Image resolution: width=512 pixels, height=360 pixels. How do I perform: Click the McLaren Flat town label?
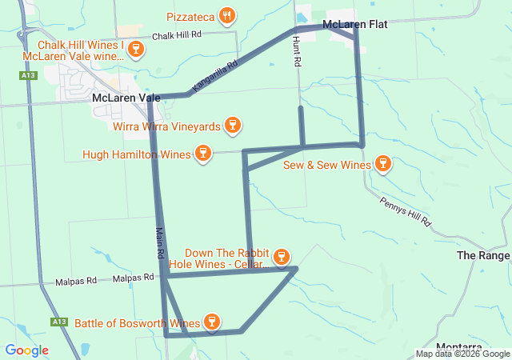pos(354,25)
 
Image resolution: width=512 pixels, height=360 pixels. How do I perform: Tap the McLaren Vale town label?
pos(126,98)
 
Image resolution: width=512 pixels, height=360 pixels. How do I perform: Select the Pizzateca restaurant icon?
pos(228,15)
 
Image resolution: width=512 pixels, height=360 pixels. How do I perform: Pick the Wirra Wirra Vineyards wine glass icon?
pos(233,125)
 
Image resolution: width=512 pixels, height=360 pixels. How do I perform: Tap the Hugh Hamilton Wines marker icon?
pos(202,154)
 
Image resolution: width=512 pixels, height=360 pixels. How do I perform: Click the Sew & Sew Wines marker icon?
pos(383,165)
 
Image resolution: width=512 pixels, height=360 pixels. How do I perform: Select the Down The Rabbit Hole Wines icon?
pos(281,257)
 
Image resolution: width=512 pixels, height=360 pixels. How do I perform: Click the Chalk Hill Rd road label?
pos(176,35)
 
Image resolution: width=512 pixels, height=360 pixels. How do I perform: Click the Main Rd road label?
pos(160,241)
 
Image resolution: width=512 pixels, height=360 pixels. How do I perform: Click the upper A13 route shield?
pos(29,75)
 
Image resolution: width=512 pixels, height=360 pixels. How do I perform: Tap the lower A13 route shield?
pos(58,322)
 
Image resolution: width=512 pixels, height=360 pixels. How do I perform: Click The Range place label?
pos(483,255)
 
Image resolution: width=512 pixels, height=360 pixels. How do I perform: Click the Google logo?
pos(26,350)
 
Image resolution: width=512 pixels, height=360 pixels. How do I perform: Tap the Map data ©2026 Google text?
pos(463,354)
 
